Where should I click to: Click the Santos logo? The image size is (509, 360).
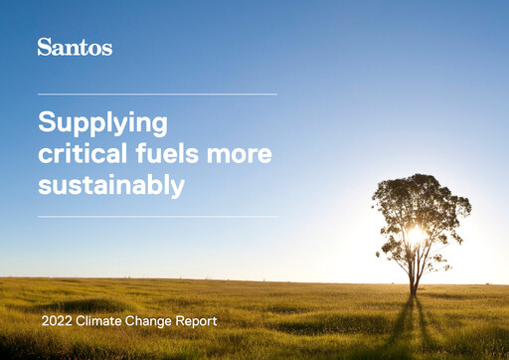pos(75,47)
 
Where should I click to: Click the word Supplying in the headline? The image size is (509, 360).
pos(102,123)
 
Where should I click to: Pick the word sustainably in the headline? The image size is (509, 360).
pos(110,186)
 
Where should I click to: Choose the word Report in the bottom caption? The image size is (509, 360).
pos(197,322)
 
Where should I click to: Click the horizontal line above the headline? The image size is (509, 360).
pos(157,94)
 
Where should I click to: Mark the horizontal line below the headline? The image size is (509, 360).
pos(157,217)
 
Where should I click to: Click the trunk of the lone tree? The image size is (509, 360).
pos(414,273)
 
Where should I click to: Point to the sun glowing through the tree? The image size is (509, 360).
pos(416,236)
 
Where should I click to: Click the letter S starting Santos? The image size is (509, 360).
pos(44,47)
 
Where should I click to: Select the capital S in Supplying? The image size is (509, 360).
pos(46,122)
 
